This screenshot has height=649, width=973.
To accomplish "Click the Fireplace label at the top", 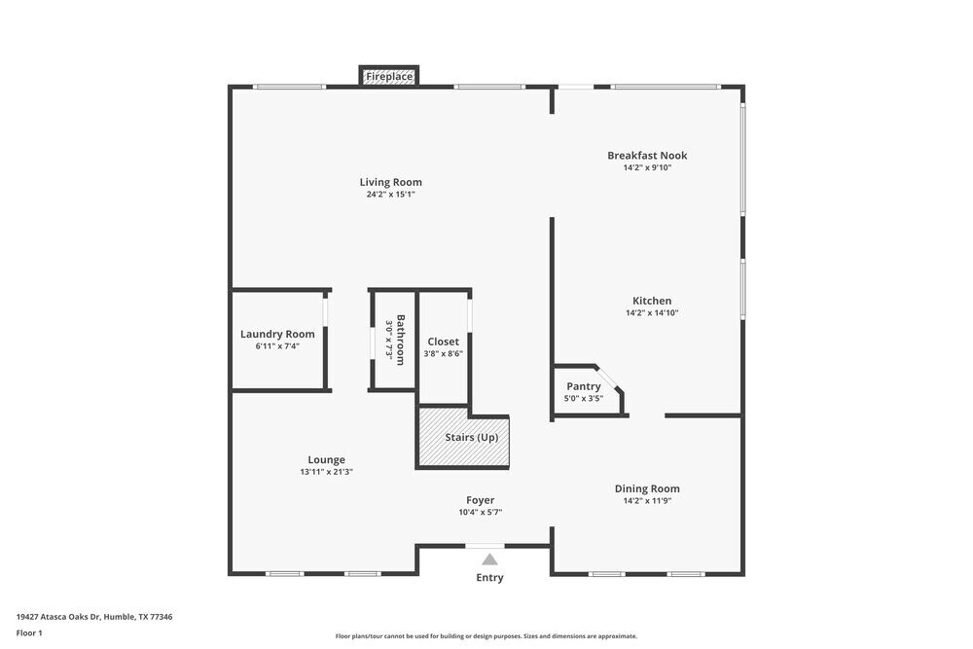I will pos(389,76).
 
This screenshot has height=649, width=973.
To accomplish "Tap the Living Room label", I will pos(390,182).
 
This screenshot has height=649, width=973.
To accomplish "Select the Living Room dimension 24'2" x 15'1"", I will pos(390,195).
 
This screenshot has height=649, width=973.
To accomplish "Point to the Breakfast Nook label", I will pos(647,156).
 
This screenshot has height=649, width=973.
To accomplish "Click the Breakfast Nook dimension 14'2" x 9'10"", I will pos(647,167).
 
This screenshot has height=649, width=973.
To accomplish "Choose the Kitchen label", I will pos(652,301).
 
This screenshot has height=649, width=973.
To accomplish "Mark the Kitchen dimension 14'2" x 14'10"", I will pos(652,313).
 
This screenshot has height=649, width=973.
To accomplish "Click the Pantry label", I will pos(584,386).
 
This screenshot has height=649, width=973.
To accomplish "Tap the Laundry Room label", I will pos(277,334).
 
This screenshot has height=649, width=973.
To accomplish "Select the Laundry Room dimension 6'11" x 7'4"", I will pos(277,346).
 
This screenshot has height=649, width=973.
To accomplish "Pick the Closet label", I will pos(443,342).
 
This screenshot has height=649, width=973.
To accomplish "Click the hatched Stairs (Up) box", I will pos(464,438).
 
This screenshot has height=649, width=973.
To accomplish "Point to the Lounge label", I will pos(326,460).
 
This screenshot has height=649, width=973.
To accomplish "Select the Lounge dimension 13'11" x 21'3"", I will pos(326,472).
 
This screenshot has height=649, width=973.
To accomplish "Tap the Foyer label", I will pos(480,500).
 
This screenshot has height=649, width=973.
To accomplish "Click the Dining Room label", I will pos(647,488).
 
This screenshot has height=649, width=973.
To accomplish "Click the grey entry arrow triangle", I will pos(489,559).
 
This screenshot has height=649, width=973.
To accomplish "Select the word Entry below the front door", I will pos(489,578).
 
